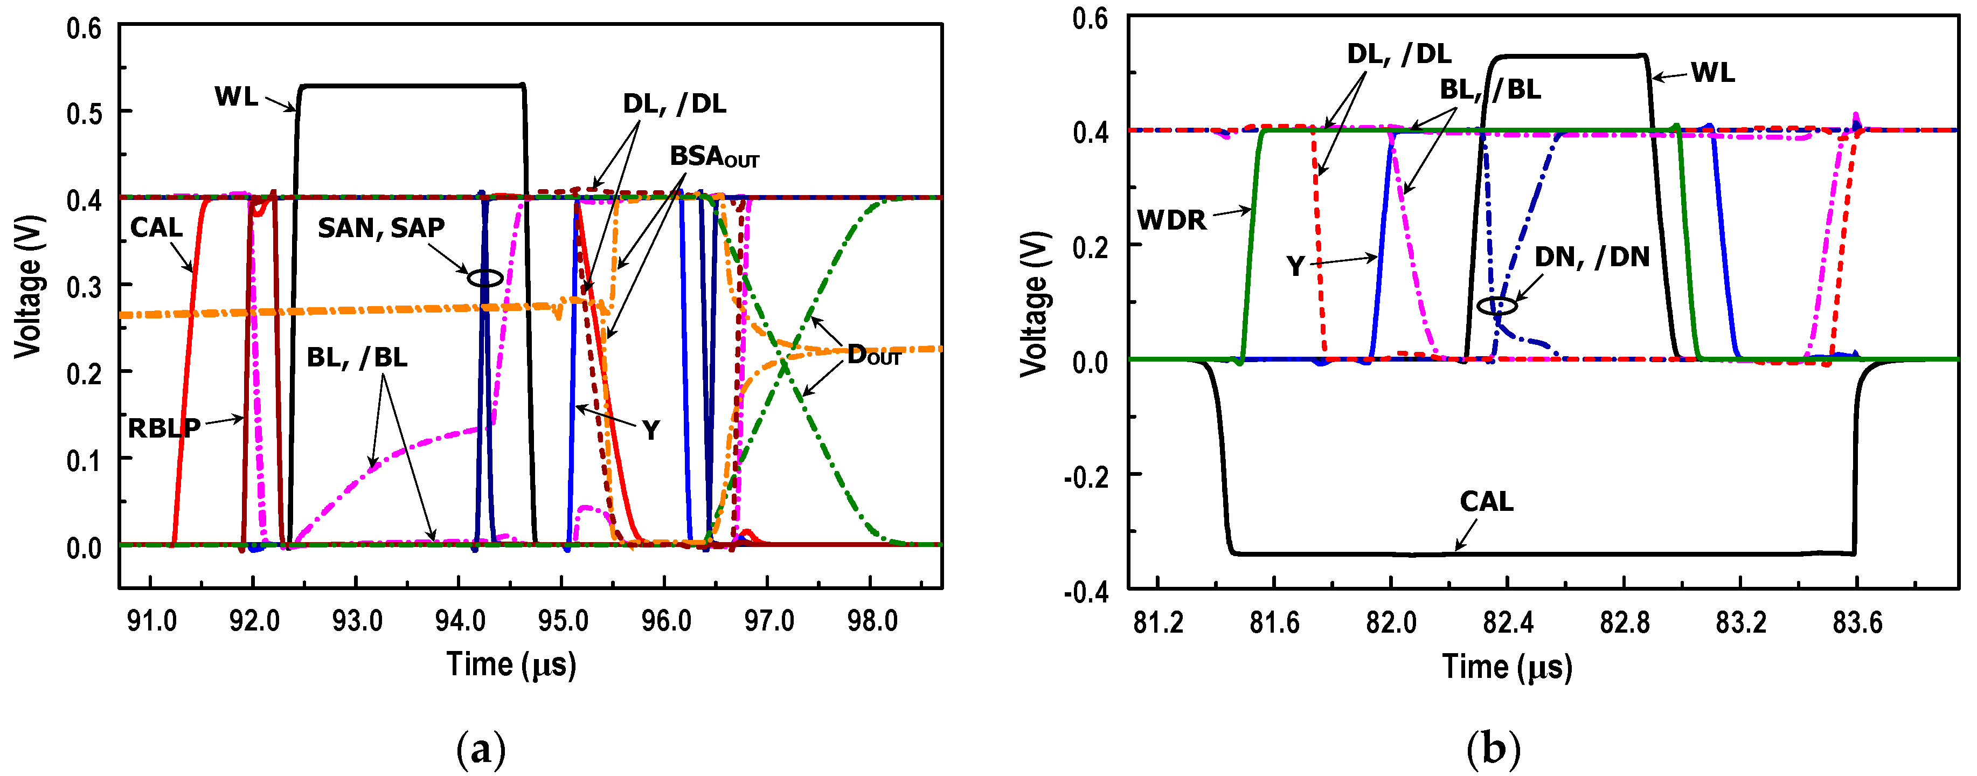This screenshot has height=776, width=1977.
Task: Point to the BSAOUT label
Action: pyautogui.click(x=714, y=157)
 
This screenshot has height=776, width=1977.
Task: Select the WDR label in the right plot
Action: pyautogui.click(x=1171, y=221)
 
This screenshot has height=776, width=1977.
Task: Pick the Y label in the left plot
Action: pyautogui.click(x=651, y=431)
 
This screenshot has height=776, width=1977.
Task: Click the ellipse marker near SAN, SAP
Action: pyautogui.click(x=485, y=279)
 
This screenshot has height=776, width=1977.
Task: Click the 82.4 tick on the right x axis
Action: pyautogui.click(x=1507, y=622)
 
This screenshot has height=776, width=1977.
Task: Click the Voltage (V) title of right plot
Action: pyautogui.click(x=1034, y=304)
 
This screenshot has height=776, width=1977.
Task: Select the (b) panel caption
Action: pyautogui.click(x=1493, y=749)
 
